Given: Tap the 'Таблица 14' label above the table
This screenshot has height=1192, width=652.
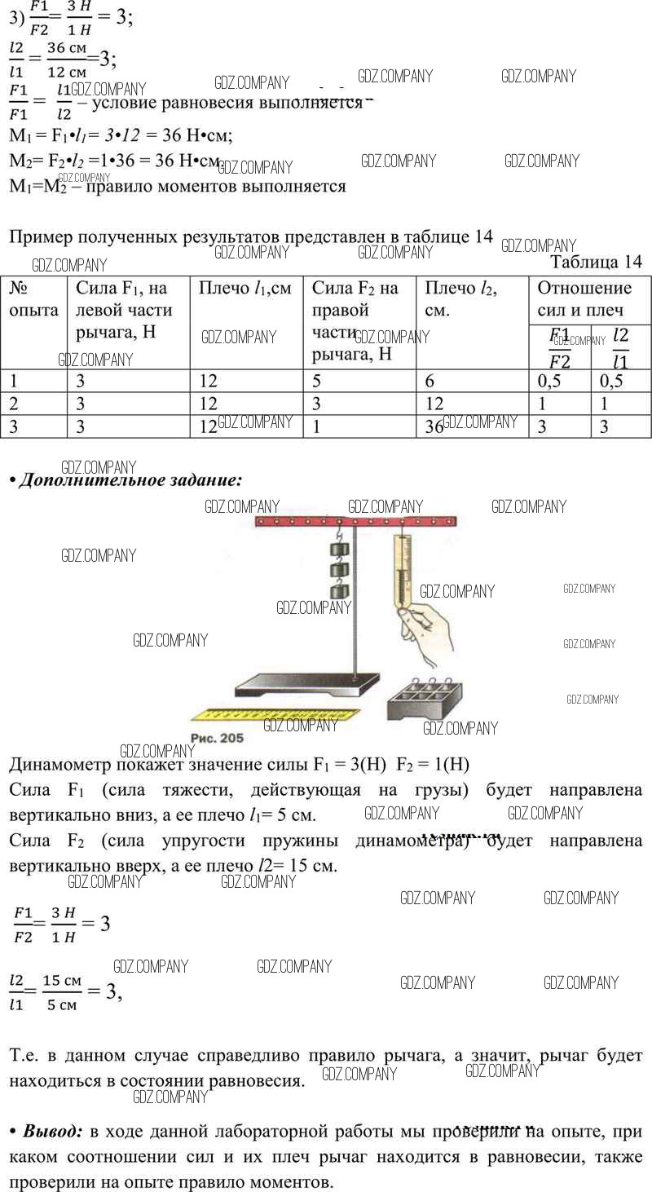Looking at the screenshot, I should pyautogui.click(x=596, y=262).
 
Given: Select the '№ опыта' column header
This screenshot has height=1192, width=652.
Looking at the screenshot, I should pyautogui.click(x=33, y=299).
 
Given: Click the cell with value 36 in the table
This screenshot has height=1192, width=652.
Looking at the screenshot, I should pyautogui.click(x=434, y=426).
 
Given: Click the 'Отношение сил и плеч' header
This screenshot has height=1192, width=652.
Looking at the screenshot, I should pyautogui.click(x=584, y=299).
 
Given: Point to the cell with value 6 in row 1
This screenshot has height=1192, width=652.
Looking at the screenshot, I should pyautogui.click(x=430, y=381).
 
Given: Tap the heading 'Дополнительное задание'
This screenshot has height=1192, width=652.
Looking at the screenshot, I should pyautogui.click(x=129, y=480).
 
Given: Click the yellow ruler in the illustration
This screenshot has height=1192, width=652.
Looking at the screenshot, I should pyautogui.click(x=277, y=713).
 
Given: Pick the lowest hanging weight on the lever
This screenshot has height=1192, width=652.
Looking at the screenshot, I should pyautogui.click(x=339, y=589).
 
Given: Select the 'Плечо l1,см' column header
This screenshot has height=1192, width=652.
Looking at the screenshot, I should pyautogui.click(x=245, y=288).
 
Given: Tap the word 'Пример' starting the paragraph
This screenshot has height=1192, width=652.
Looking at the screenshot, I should pyautogui.click(x=40, y=237).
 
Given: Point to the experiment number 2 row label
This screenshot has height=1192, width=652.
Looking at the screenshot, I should pyautogui.click(x=13, y=404).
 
